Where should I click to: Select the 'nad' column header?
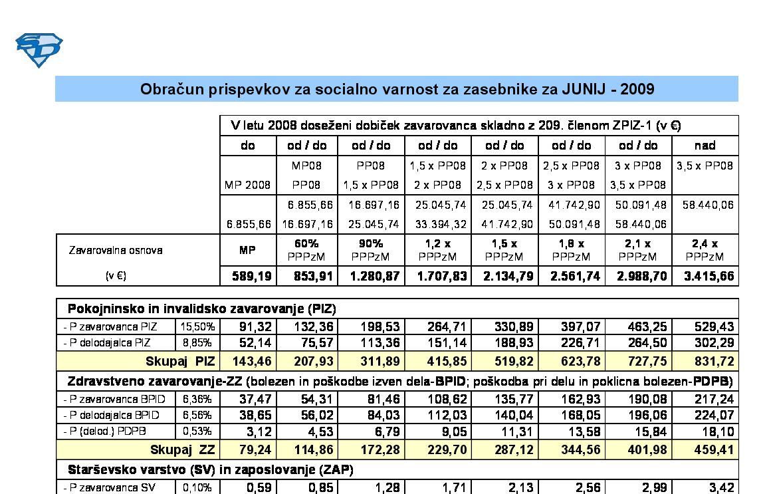click(x=705, y=145)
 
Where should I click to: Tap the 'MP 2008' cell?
click(x=247, y=185)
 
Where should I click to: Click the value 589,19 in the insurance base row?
click(x=253, y=276)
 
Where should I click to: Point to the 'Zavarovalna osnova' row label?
click(x=115, y=251)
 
